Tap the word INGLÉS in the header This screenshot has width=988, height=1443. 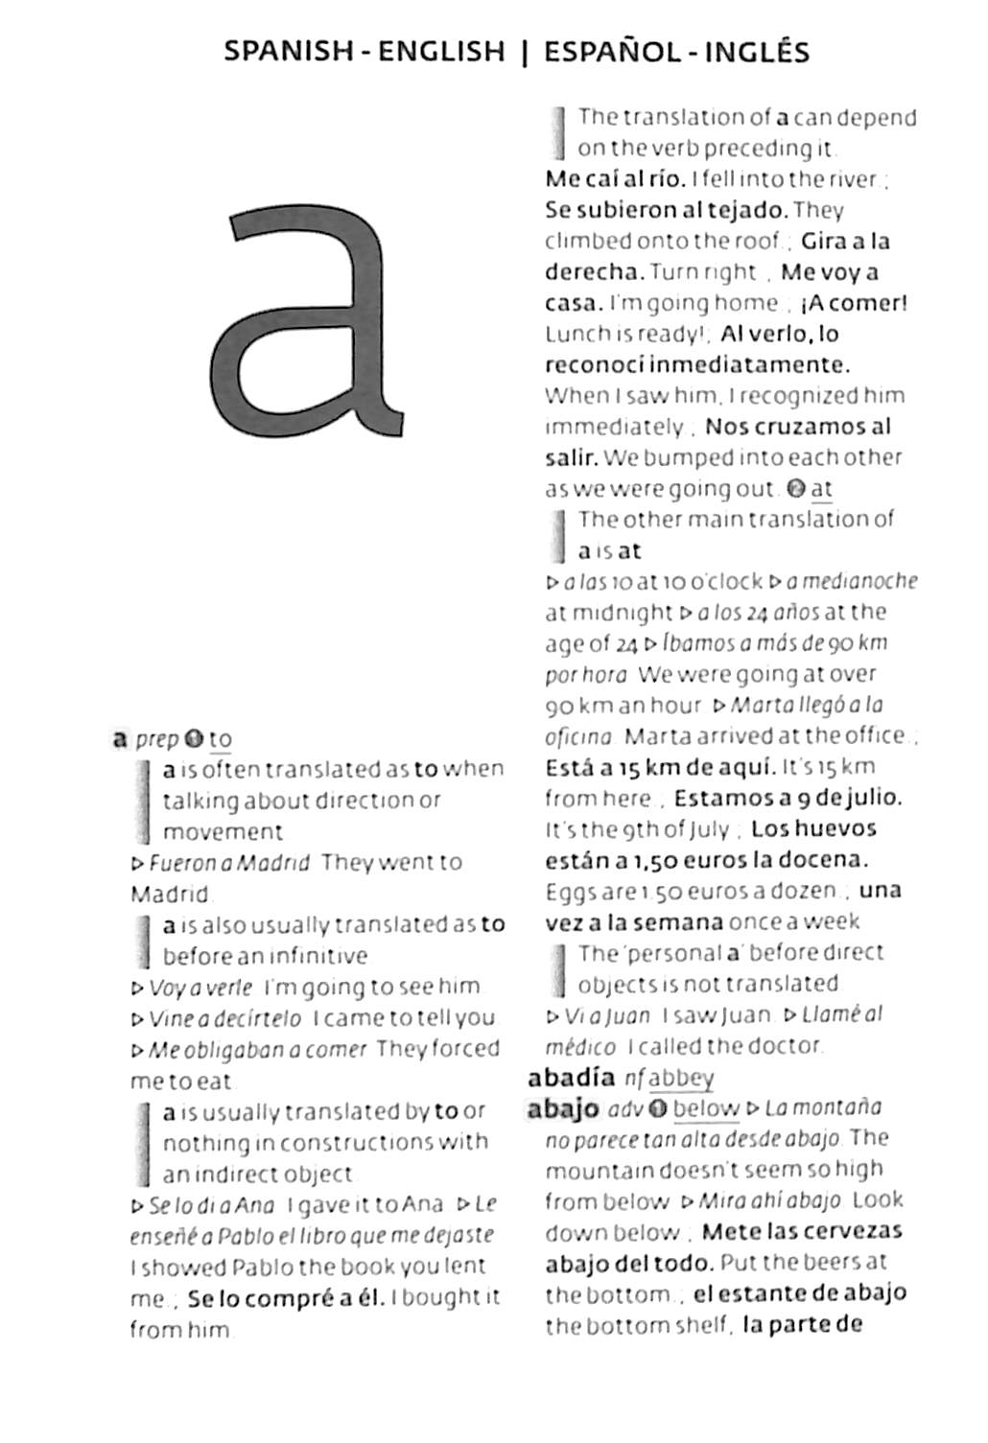757,52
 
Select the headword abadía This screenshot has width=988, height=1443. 571,1078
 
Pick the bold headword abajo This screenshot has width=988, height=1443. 562,1109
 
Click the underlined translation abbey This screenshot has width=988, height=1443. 681,1079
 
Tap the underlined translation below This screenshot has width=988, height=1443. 705,1109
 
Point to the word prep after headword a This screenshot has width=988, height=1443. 156,739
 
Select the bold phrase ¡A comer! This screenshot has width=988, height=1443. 855,303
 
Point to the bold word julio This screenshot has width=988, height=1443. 872,798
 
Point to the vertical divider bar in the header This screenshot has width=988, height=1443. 524,52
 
